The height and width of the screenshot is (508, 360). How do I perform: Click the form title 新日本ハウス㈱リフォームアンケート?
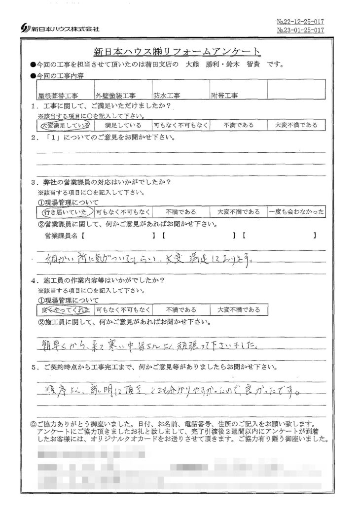(x=177, y=52)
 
